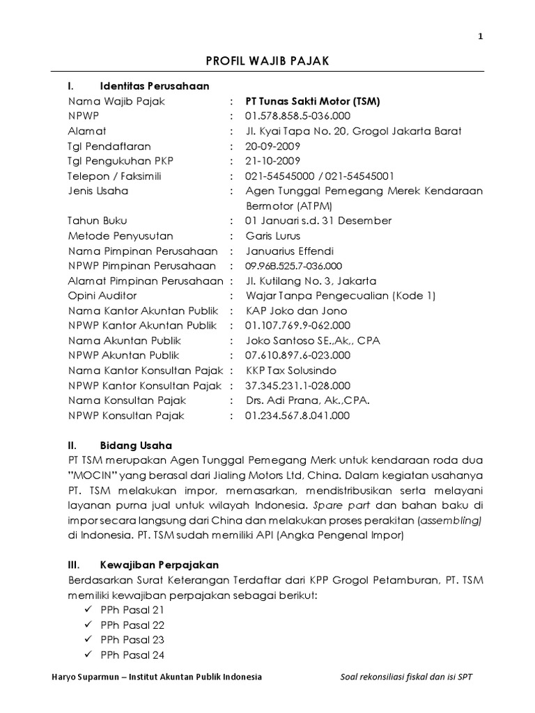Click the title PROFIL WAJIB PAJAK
pos(267,62)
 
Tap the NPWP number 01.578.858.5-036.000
pos(297,116)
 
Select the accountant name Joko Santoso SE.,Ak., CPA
pos(313,340)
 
